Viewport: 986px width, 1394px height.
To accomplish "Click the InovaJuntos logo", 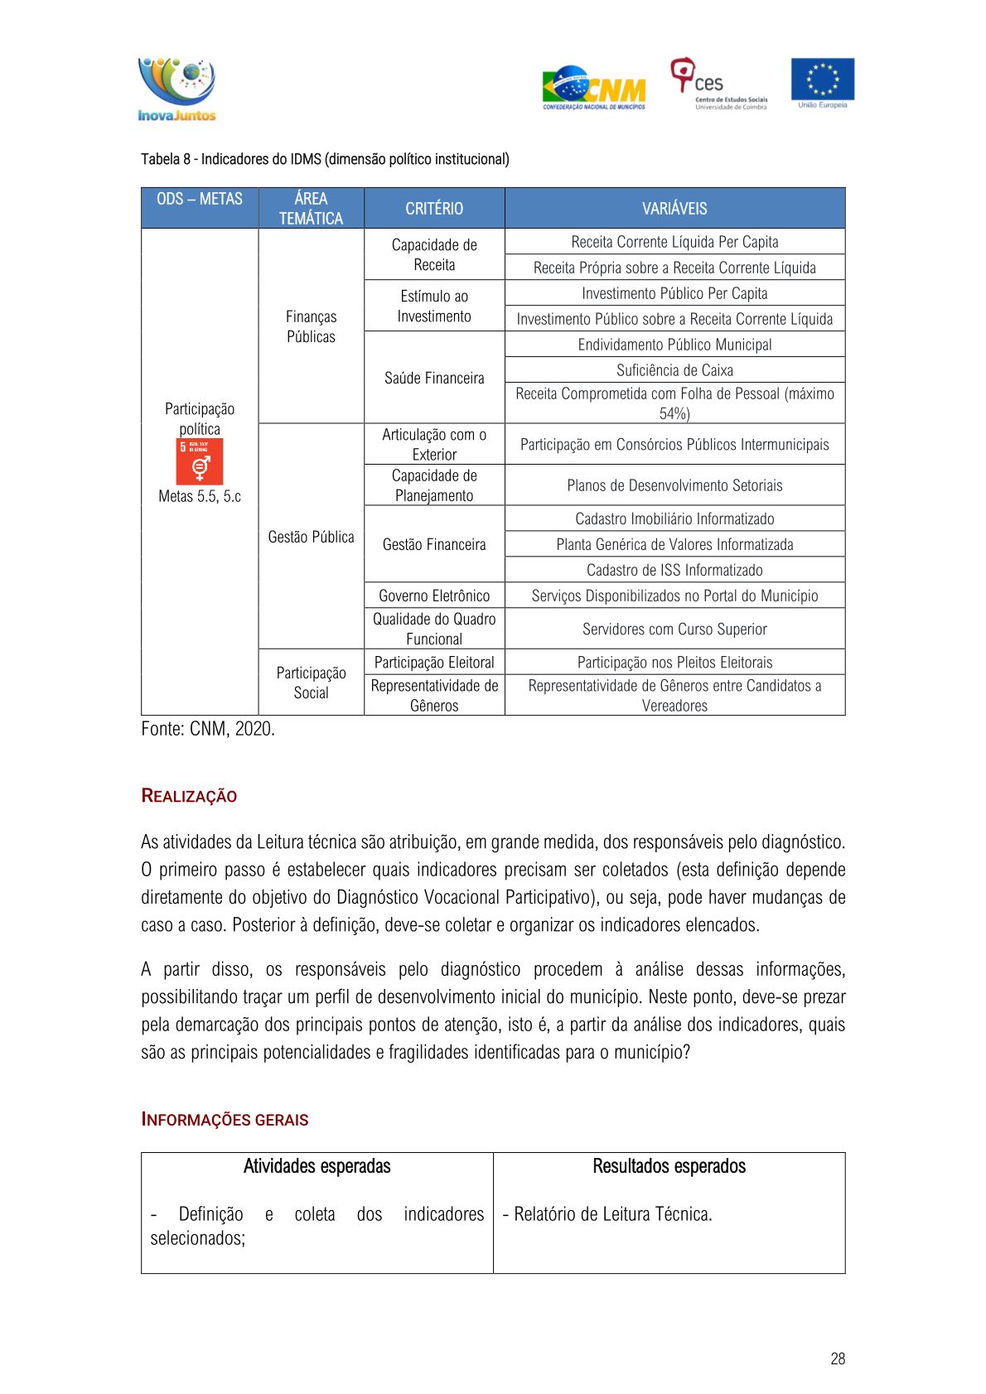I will [176, 89].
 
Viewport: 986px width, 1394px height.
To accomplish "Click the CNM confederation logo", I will [593, 88].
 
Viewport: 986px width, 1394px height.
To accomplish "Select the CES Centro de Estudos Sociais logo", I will [718, 84].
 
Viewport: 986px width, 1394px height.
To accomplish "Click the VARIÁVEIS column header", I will [674, 209].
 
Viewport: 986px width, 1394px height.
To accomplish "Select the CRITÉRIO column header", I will [434, 209].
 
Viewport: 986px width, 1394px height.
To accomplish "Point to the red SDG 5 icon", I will [200, 461].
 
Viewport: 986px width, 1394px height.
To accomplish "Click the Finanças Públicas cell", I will [311, 326].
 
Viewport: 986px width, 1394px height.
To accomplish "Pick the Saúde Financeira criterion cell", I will [434, 378].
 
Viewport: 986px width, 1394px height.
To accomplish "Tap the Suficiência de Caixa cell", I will [674, 370].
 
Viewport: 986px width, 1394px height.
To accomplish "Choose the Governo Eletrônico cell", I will [434, 596].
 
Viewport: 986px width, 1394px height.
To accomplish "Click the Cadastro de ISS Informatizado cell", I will [674, 570].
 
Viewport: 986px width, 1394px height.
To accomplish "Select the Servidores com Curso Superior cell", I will [674, 629].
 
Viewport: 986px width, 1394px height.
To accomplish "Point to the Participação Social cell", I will [311, 683].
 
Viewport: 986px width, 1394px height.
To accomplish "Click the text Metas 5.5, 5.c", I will [200, 496].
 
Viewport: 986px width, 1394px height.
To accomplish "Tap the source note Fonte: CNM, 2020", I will [208, 729].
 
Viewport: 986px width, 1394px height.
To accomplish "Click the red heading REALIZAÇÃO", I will [189, 796].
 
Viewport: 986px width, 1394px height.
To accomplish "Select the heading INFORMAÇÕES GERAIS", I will [225, 1120].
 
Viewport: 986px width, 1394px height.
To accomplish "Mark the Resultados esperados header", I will [669, 1166].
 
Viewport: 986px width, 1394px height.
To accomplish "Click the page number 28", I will [838, 1358].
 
